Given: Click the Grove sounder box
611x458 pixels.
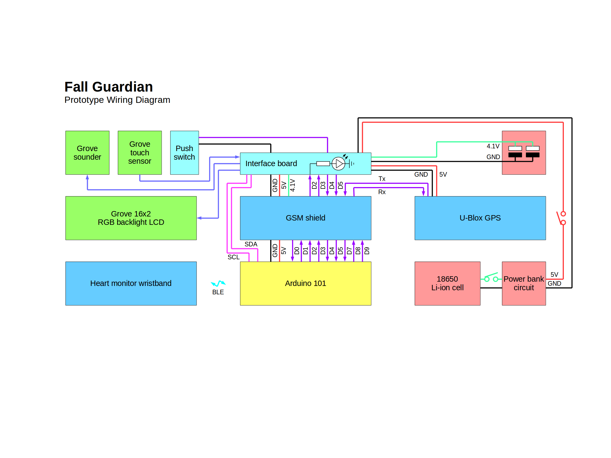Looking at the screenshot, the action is [87, 153].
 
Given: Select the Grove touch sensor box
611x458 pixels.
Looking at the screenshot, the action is [140, 153].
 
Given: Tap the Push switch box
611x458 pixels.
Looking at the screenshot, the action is [185, 153].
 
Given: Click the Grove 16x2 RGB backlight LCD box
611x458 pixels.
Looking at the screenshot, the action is [131, 218].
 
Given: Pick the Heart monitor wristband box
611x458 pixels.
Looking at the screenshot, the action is [131, 284].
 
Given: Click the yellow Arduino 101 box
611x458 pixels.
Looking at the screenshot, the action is [305, 284].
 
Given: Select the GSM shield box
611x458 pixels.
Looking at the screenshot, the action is [305, 218].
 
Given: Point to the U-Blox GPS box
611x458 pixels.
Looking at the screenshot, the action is [480, 218].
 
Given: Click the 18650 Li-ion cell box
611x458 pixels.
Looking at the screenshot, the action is [447, 284].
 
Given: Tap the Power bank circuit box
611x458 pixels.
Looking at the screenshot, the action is [524, 284].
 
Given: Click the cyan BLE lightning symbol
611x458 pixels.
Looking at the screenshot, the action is [218, 283].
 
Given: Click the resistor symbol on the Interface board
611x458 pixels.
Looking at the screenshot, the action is [323, 164].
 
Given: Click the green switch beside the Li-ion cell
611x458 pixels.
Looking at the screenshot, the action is [491, 277].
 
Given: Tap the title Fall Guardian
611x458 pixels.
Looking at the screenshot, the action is [109, 87].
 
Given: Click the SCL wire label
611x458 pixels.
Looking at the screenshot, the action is [233, 257].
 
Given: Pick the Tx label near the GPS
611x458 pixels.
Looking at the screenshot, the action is [382, 179].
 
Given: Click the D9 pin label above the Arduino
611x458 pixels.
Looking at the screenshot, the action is [367, 251].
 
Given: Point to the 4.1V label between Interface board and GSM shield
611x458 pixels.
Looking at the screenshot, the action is [293, 186].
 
